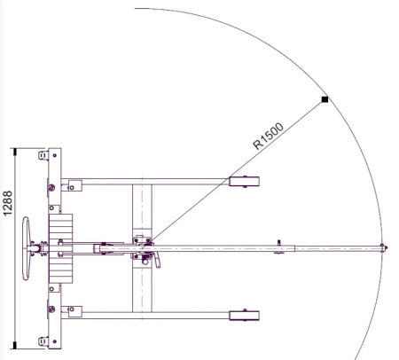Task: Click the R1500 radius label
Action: pos(269,136)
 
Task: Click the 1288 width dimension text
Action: pos(7,203)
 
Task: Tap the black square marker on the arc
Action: pos(325,99)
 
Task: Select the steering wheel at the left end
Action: pos(27,248)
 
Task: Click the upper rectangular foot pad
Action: pos(244,182)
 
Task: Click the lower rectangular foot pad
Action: pos(244,316)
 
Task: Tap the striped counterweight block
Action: pos(60,248)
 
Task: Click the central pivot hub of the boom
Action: pos(144,247)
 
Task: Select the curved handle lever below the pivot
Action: pos(157,262)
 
